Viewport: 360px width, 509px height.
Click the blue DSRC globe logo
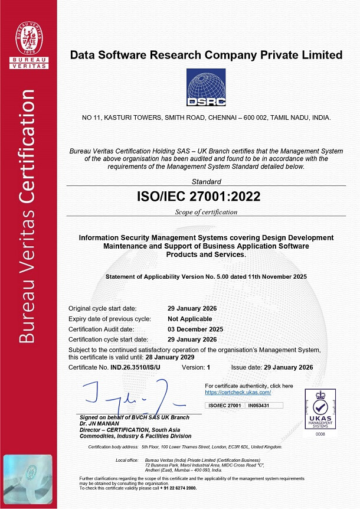[206, 87]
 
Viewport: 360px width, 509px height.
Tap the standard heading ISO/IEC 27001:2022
[206, 196]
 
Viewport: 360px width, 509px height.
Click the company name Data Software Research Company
[206, 55]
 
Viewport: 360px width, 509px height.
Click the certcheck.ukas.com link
[238, 392]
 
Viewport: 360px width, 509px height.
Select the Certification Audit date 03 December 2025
[195, 329]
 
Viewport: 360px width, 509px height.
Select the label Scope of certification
[206, 212]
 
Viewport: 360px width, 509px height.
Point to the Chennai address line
[206, 118]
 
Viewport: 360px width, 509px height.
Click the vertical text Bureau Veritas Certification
[27, 216]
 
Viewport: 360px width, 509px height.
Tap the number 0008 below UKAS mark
[319, 434]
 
